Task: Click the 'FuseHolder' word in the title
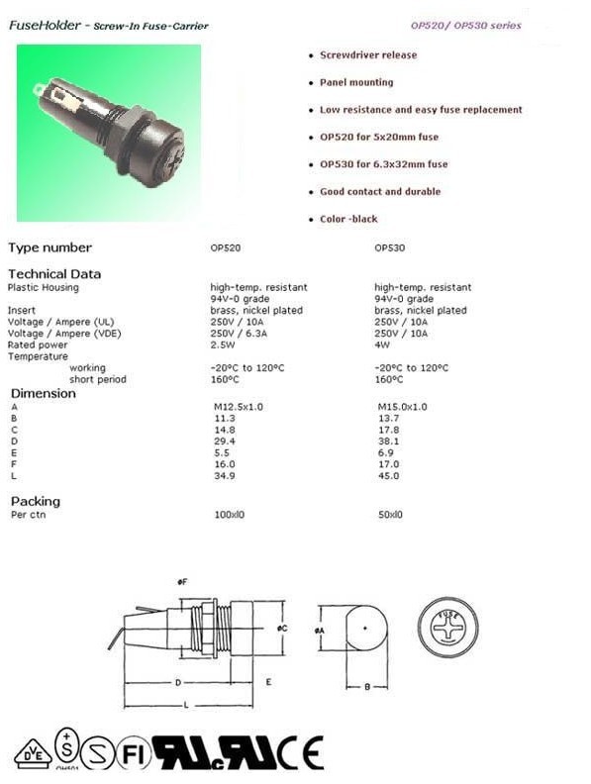45,25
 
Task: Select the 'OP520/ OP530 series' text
466,25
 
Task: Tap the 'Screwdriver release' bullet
368,55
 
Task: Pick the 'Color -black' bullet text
349,219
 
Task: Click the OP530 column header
389,248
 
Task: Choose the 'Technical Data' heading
54,274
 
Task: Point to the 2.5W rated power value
223,345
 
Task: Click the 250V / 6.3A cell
239,334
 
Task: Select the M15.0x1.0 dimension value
403,407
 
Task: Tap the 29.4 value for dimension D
225,441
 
